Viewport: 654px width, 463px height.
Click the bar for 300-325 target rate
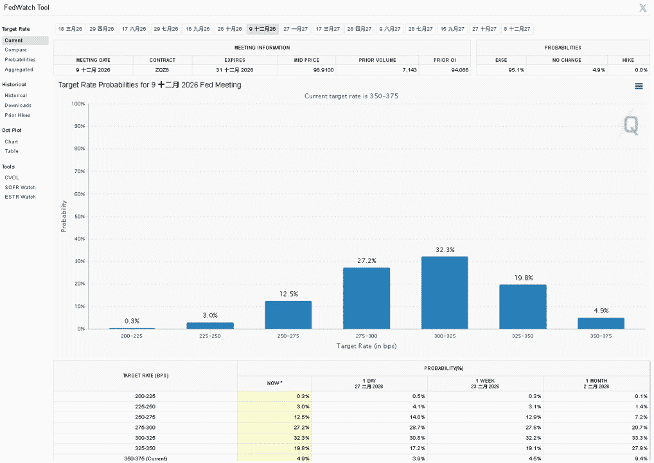[445, 293]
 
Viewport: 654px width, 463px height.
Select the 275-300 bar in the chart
[366, 298]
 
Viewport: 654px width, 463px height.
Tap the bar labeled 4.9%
[601, 323]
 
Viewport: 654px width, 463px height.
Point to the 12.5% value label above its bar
[288, 294]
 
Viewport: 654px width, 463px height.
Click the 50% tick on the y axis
[79, 216]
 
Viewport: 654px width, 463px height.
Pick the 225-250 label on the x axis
[210, 336]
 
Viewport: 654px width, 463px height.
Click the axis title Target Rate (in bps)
[366, 346]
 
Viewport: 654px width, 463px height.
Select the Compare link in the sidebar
[16, 50]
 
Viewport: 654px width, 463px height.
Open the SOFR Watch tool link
[20, 188]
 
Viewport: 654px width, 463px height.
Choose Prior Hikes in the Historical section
[17, 115]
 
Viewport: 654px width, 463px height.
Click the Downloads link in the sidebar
[18, 105]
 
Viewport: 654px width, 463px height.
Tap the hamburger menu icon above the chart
[639, 86]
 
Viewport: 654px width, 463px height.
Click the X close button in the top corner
[642, 8]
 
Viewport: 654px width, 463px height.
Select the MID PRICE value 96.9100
[323, 70]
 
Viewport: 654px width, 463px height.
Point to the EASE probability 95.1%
[516, 70]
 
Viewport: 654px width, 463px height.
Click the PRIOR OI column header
[445, 60]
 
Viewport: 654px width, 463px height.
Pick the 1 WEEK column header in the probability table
[485, 381]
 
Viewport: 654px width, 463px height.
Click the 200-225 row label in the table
[145, 396]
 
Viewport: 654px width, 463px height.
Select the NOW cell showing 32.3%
[301, 438]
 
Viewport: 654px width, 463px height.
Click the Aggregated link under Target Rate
[19, 69]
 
